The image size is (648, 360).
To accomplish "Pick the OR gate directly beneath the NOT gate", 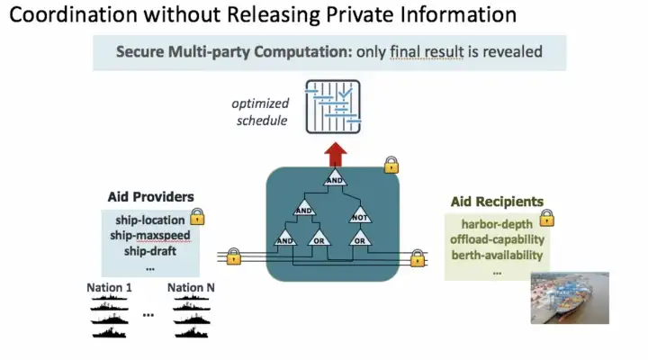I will coord(358,240).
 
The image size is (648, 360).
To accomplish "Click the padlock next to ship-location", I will coord(197,217).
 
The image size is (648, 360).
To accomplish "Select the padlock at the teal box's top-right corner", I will coord(391,165).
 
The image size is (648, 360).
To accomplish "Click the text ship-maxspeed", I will coord(150,235).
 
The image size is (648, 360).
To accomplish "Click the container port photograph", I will coord(569,297).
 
